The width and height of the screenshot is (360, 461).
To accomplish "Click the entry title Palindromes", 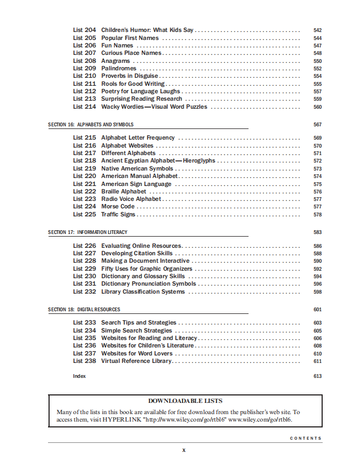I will tap(119, 69).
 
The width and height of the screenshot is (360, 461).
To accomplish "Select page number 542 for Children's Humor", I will tap(317, 30).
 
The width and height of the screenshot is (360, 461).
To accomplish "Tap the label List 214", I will tap(84, 107).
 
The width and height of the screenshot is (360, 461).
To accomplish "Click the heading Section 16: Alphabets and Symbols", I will tap(91, 125).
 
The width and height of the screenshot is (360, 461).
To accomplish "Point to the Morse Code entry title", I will tap(118, 207).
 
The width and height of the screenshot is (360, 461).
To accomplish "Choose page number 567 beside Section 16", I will tap(317, 125).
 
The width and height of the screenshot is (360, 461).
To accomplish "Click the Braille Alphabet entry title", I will tap(124, 191).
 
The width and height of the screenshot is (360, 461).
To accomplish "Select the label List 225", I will tap(84, 215).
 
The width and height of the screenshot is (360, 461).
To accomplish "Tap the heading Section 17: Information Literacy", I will tap(87, 232).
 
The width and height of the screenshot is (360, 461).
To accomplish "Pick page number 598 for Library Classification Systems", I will tap(317, 292).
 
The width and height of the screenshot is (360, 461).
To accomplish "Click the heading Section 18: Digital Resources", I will tap(84, 310).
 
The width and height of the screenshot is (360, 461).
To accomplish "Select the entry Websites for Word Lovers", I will tap(137, 354).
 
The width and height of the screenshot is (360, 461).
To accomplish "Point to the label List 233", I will tap(84, 323).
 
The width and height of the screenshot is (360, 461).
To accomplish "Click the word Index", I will tap(79, 376).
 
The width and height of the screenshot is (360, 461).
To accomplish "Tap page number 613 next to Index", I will tap(317, 376).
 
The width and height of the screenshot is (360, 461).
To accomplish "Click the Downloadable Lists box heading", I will tap(185, 401).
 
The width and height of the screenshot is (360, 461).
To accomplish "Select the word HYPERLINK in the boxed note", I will tap(126, 419).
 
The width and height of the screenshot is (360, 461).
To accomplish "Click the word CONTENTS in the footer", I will tap(306, 439).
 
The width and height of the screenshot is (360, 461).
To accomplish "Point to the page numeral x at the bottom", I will tap(184, 451).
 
